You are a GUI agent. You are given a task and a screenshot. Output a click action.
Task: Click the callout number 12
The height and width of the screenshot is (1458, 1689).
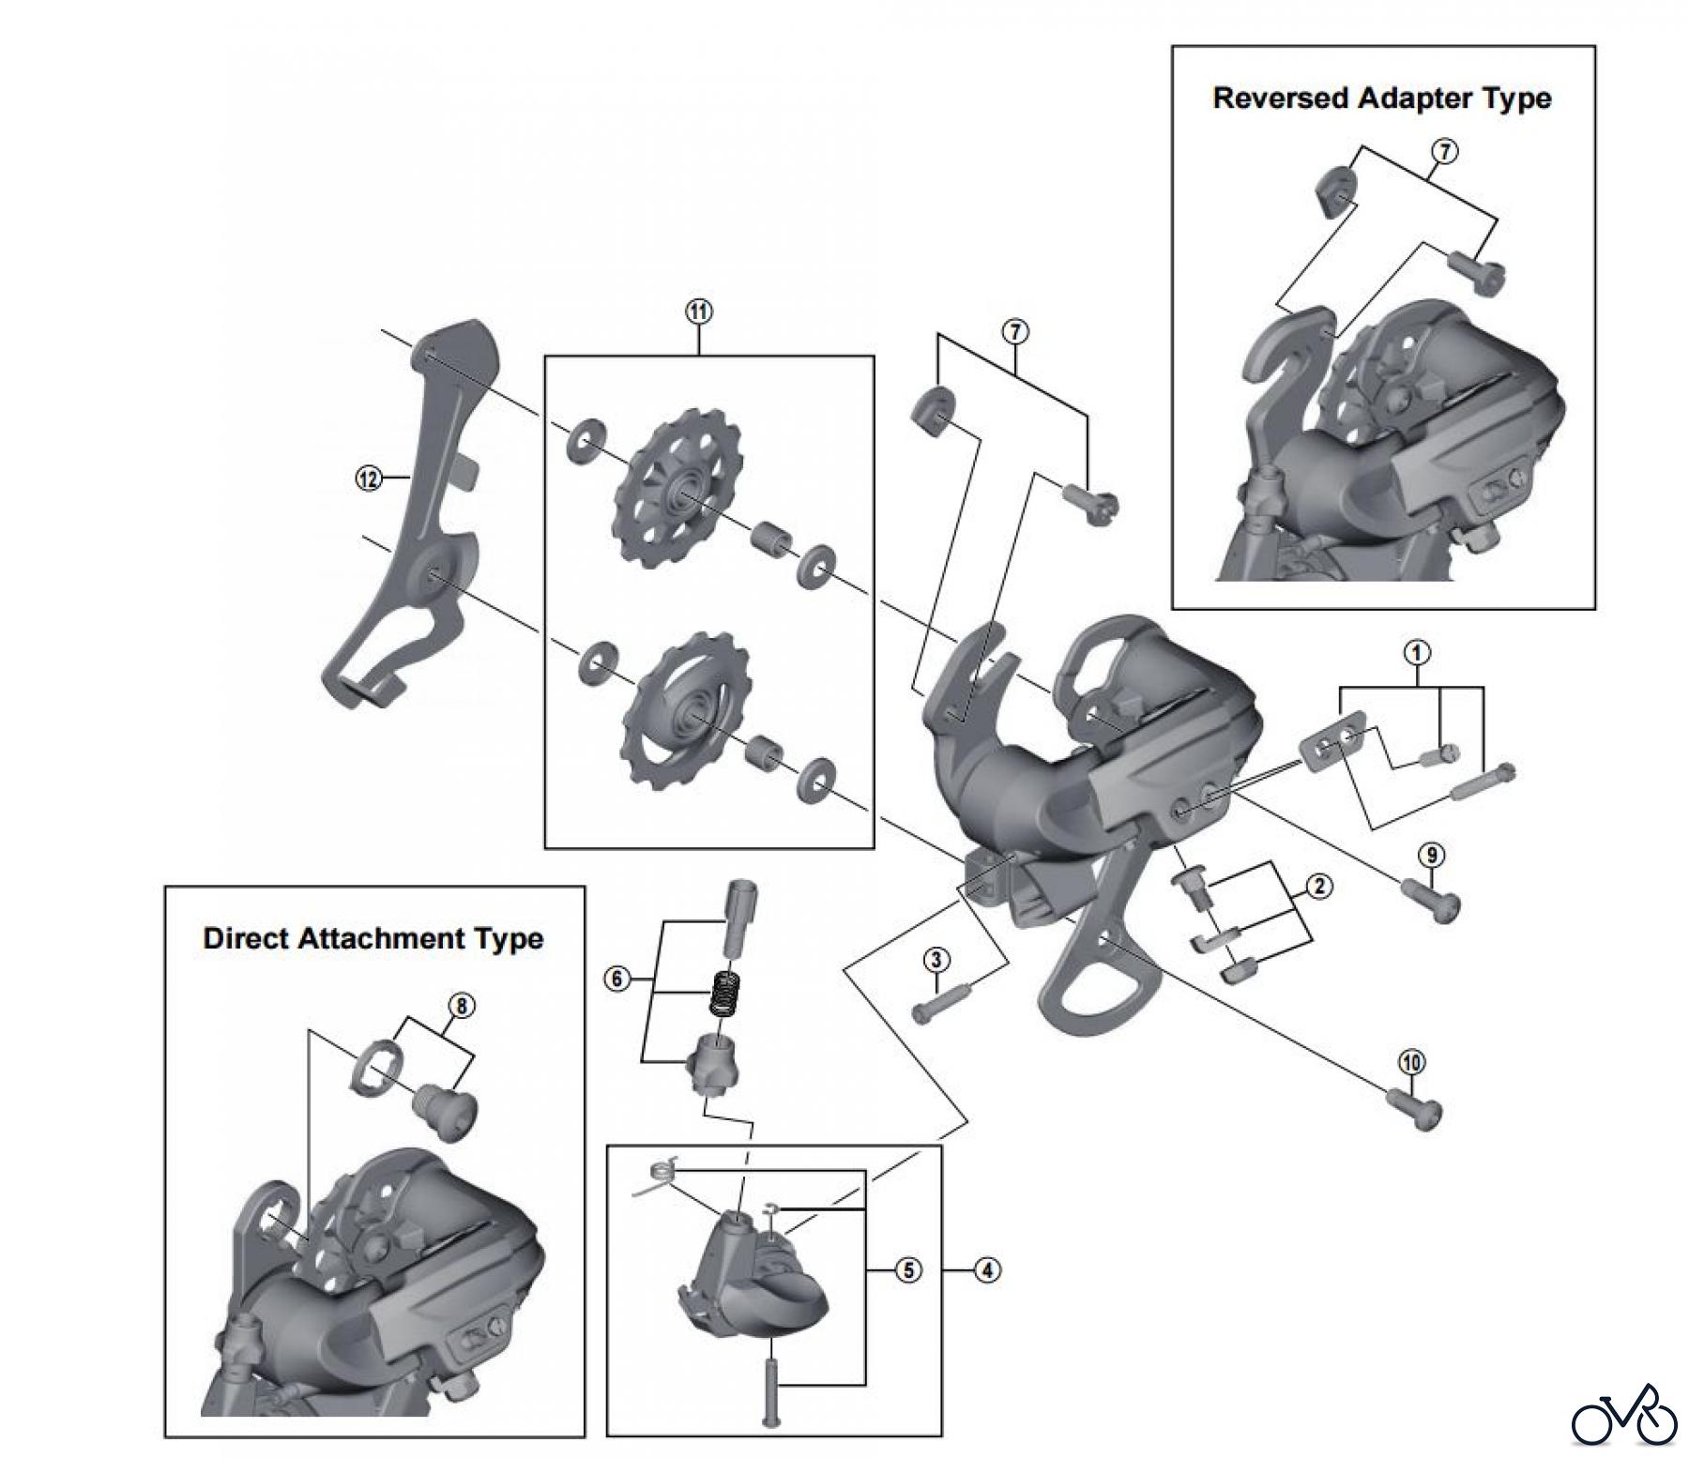(x=368, y=478)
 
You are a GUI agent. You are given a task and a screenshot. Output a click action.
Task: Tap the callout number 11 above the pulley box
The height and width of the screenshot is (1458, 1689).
(x=699, y=312)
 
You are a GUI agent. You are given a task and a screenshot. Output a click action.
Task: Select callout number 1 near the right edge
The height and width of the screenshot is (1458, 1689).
(x=1417, y=652)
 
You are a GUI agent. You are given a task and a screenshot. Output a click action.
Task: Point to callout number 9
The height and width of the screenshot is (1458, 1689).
(x=1430, y=855)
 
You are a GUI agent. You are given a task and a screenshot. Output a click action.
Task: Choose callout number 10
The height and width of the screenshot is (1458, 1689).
(x=1411, y=1062)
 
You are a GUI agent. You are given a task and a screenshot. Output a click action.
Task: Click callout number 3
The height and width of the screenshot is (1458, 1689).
(x=936, y=959)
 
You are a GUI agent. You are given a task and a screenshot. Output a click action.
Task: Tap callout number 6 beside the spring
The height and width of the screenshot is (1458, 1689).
(x=616, y=980)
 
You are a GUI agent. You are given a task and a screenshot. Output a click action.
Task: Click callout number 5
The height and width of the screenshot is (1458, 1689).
(x=907, y=1270)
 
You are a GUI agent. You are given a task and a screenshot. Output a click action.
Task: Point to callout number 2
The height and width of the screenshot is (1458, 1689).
(x=1318, y=886)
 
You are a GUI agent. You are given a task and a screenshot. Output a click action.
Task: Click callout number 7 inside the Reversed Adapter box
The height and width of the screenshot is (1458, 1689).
(x=1445, y=150)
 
